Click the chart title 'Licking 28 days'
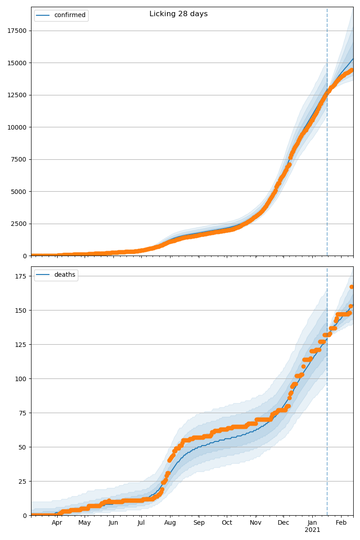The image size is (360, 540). coord(179,14)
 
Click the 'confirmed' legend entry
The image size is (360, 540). coord(69,15)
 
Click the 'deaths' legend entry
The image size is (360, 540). coord(64,275)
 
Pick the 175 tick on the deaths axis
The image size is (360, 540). coord(21,276)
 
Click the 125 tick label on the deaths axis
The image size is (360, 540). coord(21,344)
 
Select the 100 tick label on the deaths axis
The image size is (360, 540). coord(21,378)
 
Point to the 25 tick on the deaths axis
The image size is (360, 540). coord(22,481)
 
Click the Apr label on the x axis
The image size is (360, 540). coord(57,522)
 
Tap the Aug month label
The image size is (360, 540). coord(170,522)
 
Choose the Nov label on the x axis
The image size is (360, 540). coord(256,522)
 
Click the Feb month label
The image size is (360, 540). coord(341,522)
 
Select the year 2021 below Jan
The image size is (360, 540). coord(312,530)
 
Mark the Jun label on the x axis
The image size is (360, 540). coord(113,522)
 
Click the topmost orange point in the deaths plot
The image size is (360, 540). coord(352,287)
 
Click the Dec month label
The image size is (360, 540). coord(283,522)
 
